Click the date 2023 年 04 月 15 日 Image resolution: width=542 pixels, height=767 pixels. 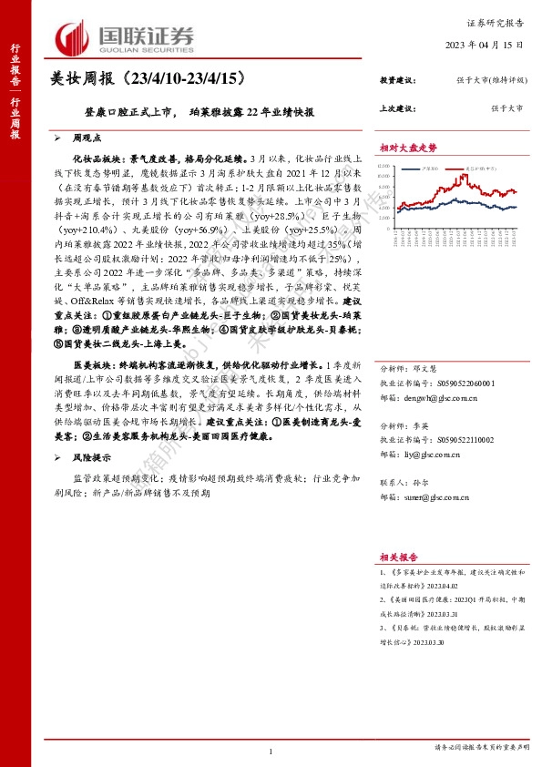coord(486,46)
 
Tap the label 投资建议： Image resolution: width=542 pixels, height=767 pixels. coord(397,80)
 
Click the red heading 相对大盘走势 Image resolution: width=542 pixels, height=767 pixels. coord(408,148)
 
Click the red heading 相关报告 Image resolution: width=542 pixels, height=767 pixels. coord(399,554)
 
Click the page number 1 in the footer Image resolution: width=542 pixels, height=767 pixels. coord(271,749)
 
